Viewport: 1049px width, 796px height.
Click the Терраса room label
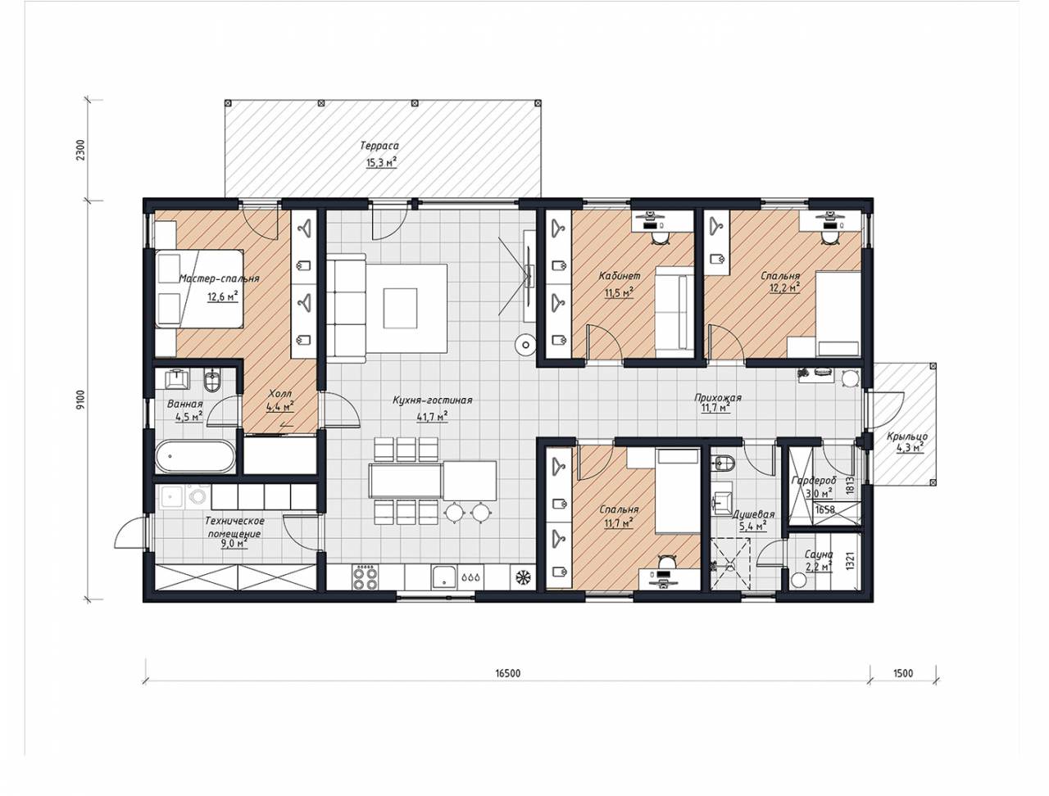coord(379,146)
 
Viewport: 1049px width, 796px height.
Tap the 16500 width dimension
coord(507,673)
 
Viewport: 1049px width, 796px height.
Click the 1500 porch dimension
coord(903,673)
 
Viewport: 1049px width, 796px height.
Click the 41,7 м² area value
coord(432,417)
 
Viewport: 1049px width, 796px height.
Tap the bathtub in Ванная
coord(195,456)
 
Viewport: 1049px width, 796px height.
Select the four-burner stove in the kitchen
coord(365,577)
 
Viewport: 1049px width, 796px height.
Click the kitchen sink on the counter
coord(445,577)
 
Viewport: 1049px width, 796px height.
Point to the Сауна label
coord(819,554)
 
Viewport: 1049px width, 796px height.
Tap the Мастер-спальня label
coord(219,278)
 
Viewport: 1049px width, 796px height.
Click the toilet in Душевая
coord(723,463)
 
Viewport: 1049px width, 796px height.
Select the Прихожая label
coord(718,398)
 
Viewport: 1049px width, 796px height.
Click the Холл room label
coord(279,394)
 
